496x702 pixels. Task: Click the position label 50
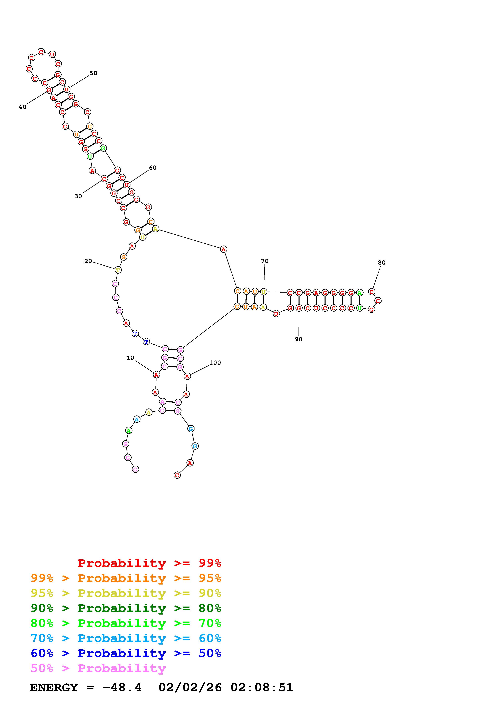[93, 73]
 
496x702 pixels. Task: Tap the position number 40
[23, 107]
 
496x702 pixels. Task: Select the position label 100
[215, 363]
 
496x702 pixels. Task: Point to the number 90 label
[299, 339]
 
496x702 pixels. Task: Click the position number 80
[382, 263]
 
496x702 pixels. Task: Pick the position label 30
[78, 196]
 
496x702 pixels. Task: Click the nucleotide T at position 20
[118, 270]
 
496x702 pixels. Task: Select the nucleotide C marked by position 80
[371, 292]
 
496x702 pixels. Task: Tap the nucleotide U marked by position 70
[264, 292]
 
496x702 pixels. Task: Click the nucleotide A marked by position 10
[156, 375]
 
